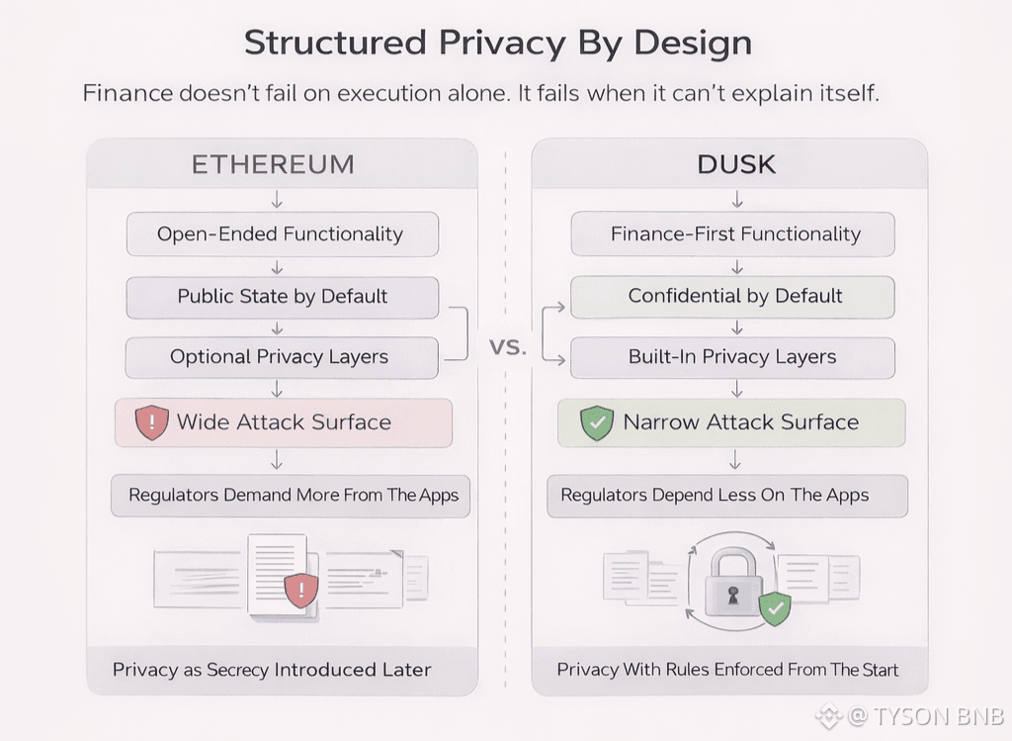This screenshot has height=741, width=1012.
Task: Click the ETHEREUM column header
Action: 272,164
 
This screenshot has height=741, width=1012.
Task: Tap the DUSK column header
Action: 736,164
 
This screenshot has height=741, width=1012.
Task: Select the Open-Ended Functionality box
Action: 281,234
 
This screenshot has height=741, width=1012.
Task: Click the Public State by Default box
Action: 282,296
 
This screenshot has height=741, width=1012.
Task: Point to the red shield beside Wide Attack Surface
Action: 152,422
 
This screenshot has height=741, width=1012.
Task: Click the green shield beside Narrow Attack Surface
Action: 597,422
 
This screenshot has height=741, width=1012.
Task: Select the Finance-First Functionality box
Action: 734,234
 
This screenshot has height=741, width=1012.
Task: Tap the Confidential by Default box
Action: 734,296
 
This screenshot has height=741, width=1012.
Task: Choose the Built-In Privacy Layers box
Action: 732,357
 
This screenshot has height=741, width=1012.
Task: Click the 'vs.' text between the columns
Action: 508,348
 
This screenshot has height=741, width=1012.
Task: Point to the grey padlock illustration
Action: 732,583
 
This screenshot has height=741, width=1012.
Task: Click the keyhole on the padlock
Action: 732,597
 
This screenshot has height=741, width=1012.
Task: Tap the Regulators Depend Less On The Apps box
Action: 715,495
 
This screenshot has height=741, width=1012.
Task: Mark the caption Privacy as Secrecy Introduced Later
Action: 272,670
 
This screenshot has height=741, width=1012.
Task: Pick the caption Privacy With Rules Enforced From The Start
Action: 728,670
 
